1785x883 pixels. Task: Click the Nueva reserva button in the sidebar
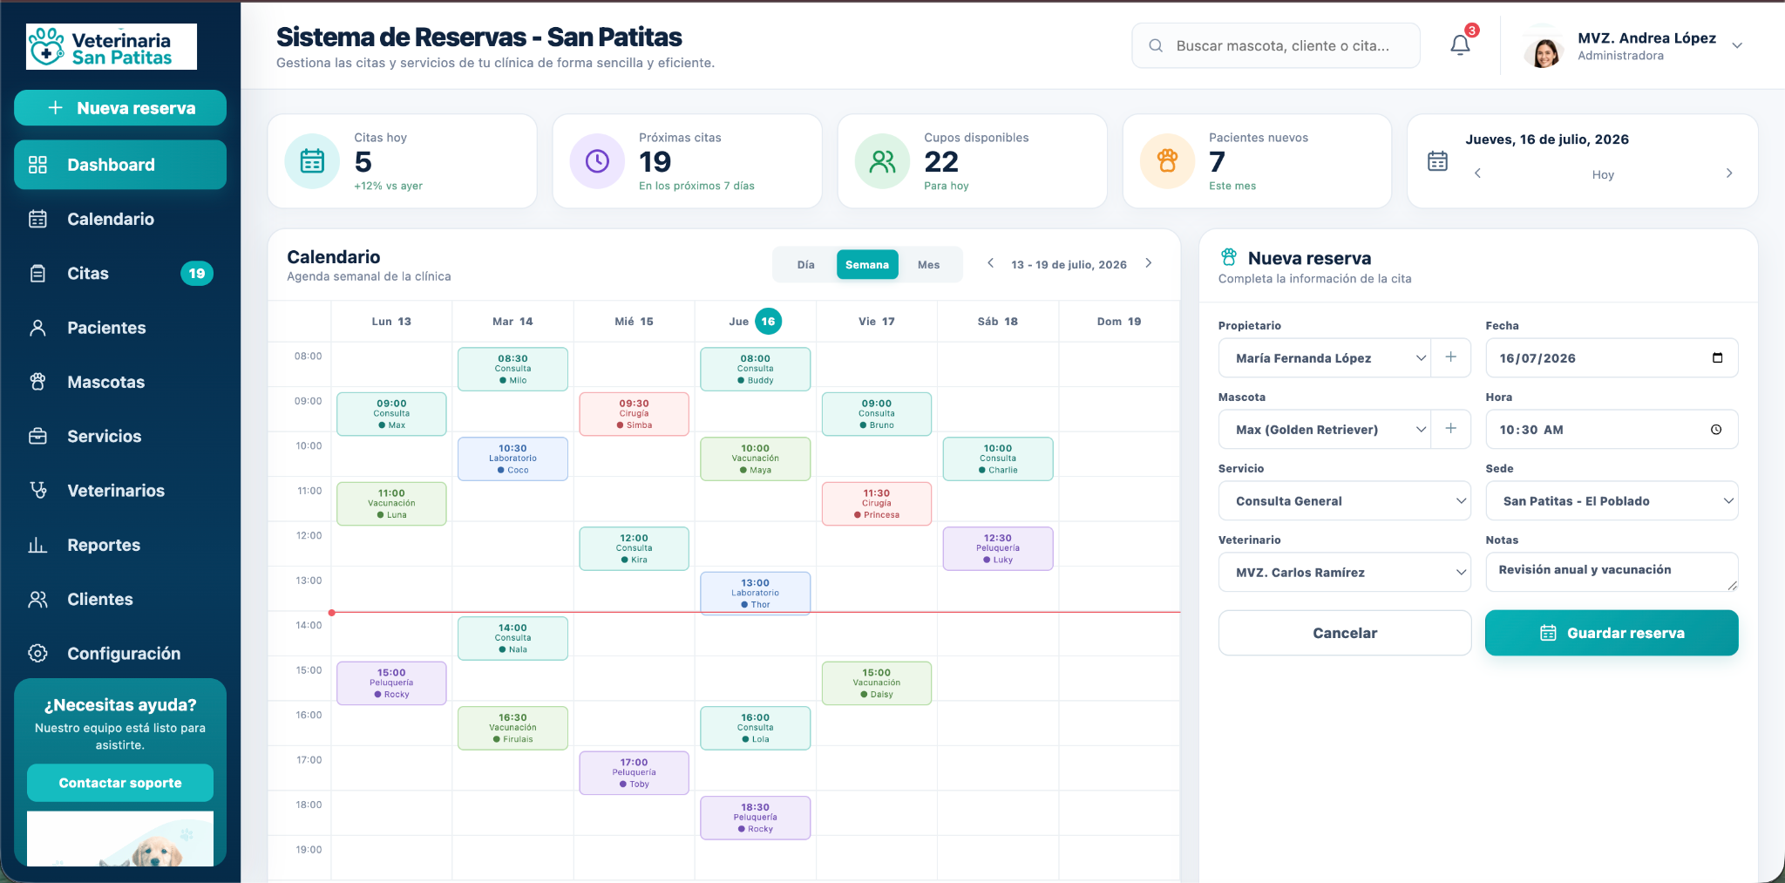pos(120,108)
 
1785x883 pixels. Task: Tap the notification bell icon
pos(1460,44)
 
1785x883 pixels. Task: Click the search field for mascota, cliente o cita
pos(1276,45)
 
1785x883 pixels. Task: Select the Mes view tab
pos(928,265)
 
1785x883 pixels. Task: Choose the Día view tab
pos(805,265)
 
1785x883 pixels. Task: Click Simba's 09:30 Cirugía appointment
pos(634,414)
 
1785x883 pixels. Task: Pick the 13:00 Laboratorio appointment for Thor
pos(755,593)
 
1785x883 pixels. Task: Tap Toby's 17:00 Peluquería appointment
pos(634,772)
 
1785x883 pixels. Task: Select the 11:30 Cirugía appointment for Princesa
pos(876,504)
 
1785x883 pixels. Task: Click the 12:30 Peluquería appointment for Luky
pos(997,548)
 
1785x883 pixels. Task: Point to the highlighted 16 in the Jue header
pos(768,322)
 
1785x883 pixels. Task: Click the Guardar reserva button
pos(1612,633)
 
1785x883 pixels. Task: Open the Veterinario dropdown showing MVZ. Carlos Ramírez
pos(1344,573)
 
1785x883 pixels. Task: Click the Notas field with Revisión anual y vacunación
pos(1612,572)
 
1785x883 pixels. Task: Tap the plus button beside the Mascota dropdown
pos(1451,429)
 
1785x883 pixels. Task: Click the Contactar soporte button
pos(120,783)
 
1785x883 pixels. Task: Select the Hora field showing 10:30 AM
pos(1612,430)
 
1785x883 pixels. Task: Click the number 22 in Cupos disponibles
pos(941,162)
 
